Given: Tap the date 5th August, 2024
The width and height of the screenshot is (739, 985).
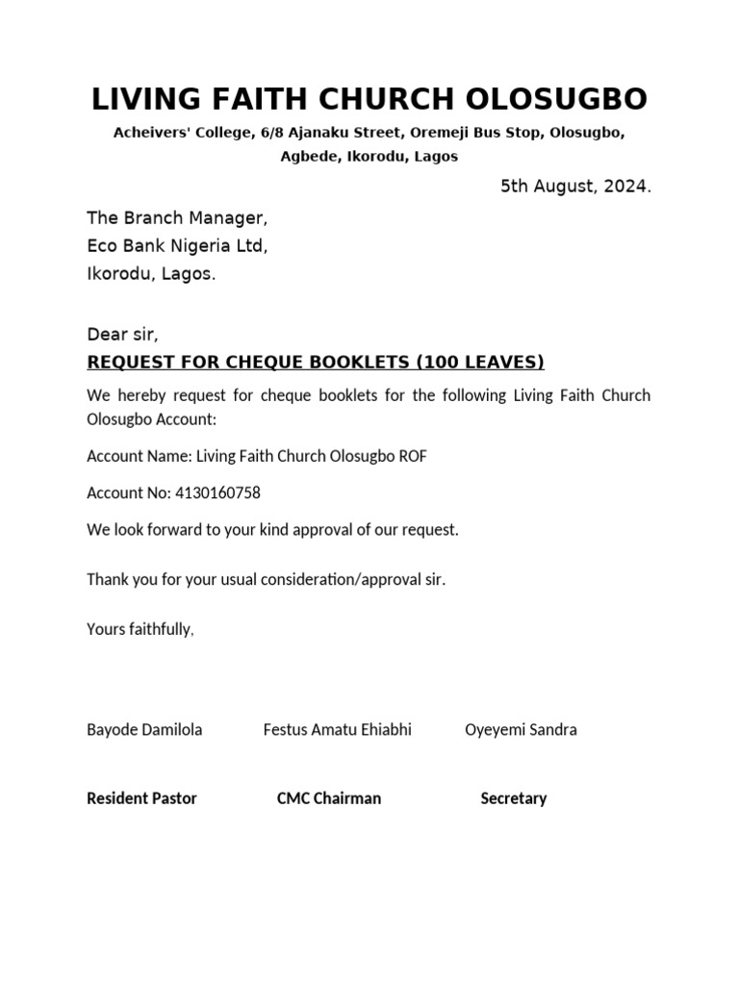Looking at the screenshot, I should click(x=575, y=187).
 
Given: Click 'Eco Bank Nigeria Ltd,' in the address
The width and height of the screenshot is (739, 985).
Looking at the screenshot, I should click(x=177, y=246).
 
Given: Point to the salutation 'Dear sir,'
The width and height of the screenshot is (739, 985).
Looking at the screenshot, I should click(x=122, y=335).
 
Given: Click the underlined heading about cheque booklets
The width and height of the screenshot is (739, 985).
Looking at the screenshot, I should click(x=316, y=362).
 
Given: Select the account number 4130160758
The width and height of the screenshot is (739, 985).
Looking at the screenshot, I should click(x=217, y=493).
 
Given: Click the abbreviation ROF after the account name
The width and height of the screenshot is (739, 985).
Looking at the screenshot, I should click(x=413, y=457).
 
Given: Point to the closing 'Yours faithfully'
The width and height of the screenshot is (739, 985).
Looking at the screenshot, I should click(x=140, y=629).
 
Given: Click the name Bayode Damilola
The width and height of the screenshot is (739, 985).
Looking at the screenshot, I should click(x=144, y=729).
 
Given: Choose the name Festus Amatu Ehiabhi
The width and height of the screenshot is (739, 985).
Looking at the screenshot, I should click(x=337, y=729).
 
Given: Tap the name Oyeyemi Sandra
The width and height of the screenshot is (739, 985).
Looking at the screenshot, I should click(x=521, y=729).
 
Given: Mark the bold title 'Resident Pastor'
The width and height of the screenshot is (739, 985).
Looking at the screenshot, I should click(x=141, y=798).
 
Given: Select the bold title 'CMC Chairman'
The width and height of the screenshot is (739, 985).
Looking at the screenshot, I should click(x=329, y=798).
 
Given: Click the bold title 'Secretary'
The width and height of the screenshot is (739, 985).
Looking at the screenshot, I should click(x=513, y=798).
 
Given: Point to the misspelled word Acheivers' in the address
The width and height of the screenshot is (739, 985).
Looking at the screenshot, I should click(x=154, y=133).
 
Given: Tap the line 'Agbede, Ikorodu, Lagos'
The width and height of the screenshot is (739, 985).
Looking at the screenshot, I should click(x=369, y=156).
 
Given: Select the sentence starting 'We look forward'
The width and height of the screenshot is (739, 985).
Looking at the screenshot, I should click(x=272, y=530).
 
